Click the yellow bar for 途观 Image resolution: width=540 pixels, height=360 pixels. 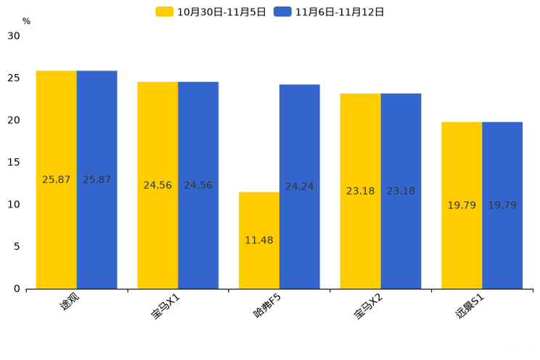[57, 180]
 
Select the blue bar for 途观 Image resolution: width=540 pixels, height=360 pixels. [97, 180]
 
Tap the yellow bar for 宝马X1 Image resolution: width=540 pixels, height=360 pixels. [157, 185]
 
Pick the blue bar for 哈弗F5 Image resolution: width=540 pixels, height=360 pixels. [300, 187]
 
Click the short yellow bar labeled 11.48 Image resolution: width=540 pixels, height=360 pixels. [259, 240]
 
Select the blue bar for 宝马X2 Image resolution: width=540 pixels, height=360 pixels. [401, 191]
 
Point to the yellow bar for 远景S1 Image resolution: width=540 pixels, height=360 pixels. [462, 205]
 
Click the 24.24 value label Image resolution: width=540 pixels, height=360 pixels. [300, 187]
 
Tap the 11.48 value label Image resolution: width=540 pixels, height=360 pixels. [259, 240]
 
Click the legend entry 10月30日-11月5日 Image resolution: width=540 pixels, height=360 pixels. [210, 12]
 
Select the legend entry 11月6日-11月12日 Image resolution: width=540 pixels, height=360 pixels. [329, 12]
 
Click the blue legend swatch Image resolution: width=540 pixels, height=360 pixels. [283, 12]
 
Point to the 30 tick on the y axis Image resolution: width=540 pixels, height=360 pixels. [14, 36]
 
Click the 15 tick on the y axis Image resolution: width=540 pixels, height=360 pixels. [14, 163]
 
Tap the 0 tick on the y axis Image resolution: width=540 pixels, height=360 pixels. [17, 289]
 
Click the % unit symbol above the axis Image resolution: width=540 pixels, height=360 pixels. [27, 21]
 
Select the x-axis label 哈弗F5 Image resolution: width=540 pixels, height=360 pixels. [267, 306]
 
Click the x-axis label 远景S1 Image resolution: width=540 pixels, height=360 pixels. [470, 306]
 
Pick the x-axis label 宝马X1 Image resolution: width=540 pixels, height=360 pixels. [165, 306]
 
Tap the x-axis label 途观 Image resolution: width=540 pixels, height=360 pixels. [70, 301]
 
